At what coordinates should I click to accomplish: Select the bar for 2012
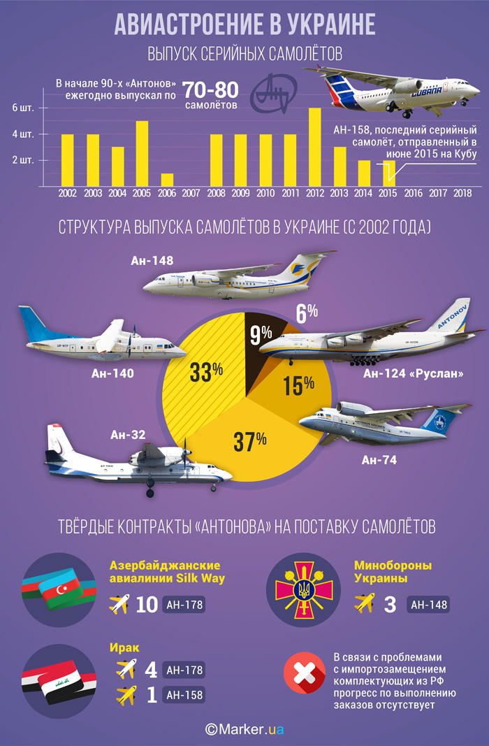click(315, 147)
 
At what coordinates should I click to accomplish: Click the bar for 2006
click(167, 180)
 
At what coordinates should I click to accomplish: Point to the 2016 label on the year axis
click(413, 192)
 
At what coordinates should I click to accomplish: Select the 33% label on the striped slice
click(206, 372)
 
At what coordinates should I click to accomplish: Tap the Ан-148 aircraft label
click(152, 261)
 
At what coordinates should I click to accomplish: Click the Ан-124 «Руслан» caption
click(414, 373)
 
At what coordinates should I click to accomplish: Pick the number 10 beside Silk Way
click(147, 605)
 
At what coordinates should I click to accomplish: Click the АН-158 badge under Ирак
click(184, 696)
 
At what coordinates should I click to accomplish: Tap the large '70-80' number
click(210, 89)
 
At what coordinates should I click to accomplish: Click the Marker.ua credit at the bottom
click(245, 729)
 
